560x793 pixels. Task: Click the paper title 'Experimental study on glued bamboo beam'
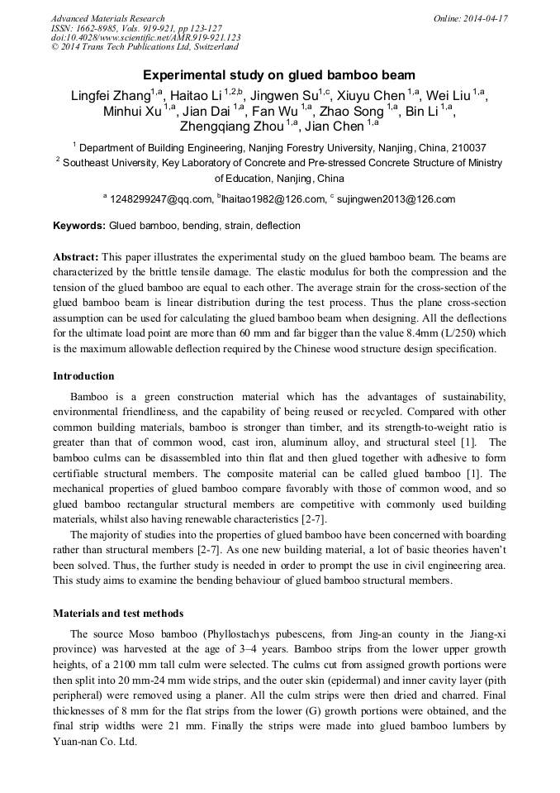(x=279, y=74)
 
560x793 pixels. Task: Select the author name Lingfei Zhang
(x=110, y=96)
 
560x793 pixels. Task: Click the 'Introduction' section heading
(x=83, y=376)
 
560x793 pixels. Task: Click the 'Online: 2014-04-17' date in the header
(x=471, y=18)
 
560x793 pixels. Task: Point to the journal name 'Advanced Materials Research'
(x=107, y=18)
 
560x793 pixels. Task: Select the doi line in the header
(x=145, y=38)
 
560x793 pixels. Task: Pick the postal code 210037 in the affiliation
(x=468, y=148)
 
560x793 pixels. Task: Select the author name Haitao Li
(x=192, y=96)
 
